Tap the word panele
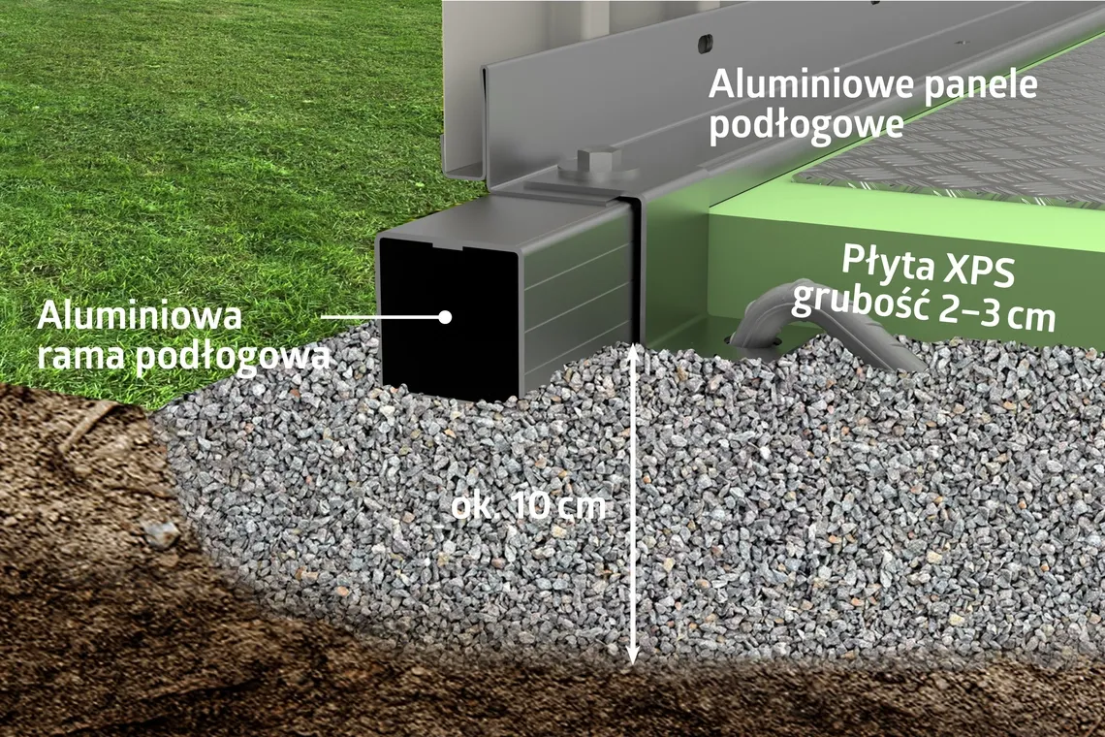coord(980,84)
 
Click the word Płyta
coord(878,264)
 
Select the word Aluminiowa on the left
coord(140,317)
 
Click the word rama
coord(79,357)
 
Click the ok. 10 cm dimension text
coord(529,505)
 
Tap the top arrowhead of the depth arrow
coord(632,350)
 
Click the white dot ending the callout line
coord(445,316)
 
